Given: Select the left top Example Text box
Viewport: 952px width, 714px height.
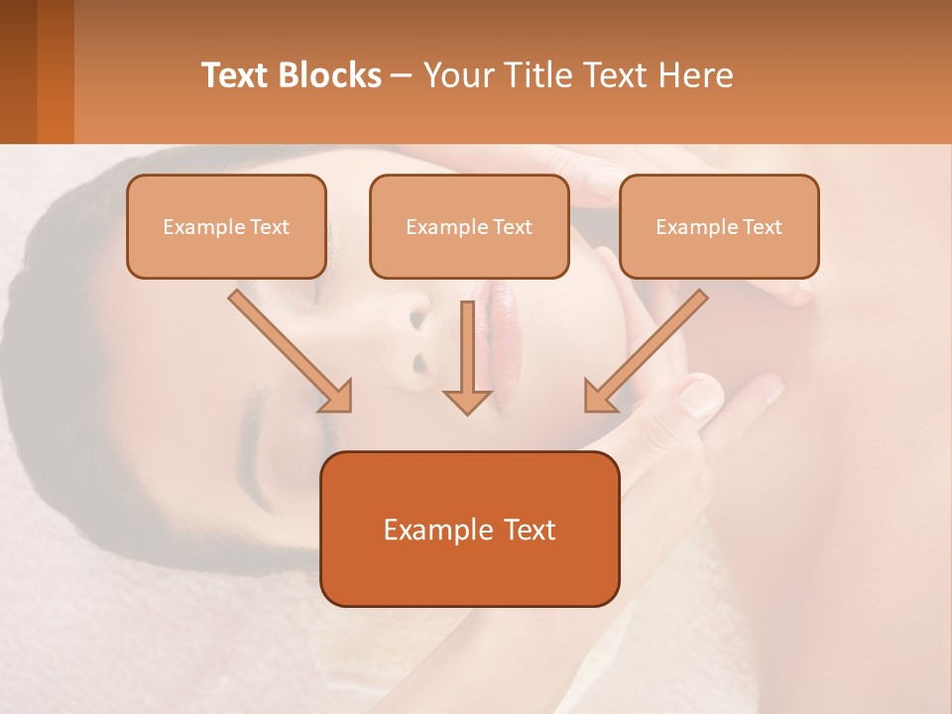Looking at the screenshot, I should point(226,226).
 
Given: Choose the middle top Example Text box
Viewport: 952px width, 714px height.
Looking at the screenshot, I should point(469,226).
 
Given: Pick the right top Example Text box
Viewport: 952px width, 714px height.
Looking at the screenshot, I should point(719,226).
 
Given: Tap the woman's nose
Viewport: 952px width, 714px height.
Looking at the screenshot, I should point(416,337).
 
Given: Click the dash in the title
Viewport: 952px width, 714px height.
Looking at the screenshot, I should point(402,75).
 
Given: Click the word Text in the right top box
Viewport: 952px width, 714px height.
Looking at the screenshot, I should point(763,226).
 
